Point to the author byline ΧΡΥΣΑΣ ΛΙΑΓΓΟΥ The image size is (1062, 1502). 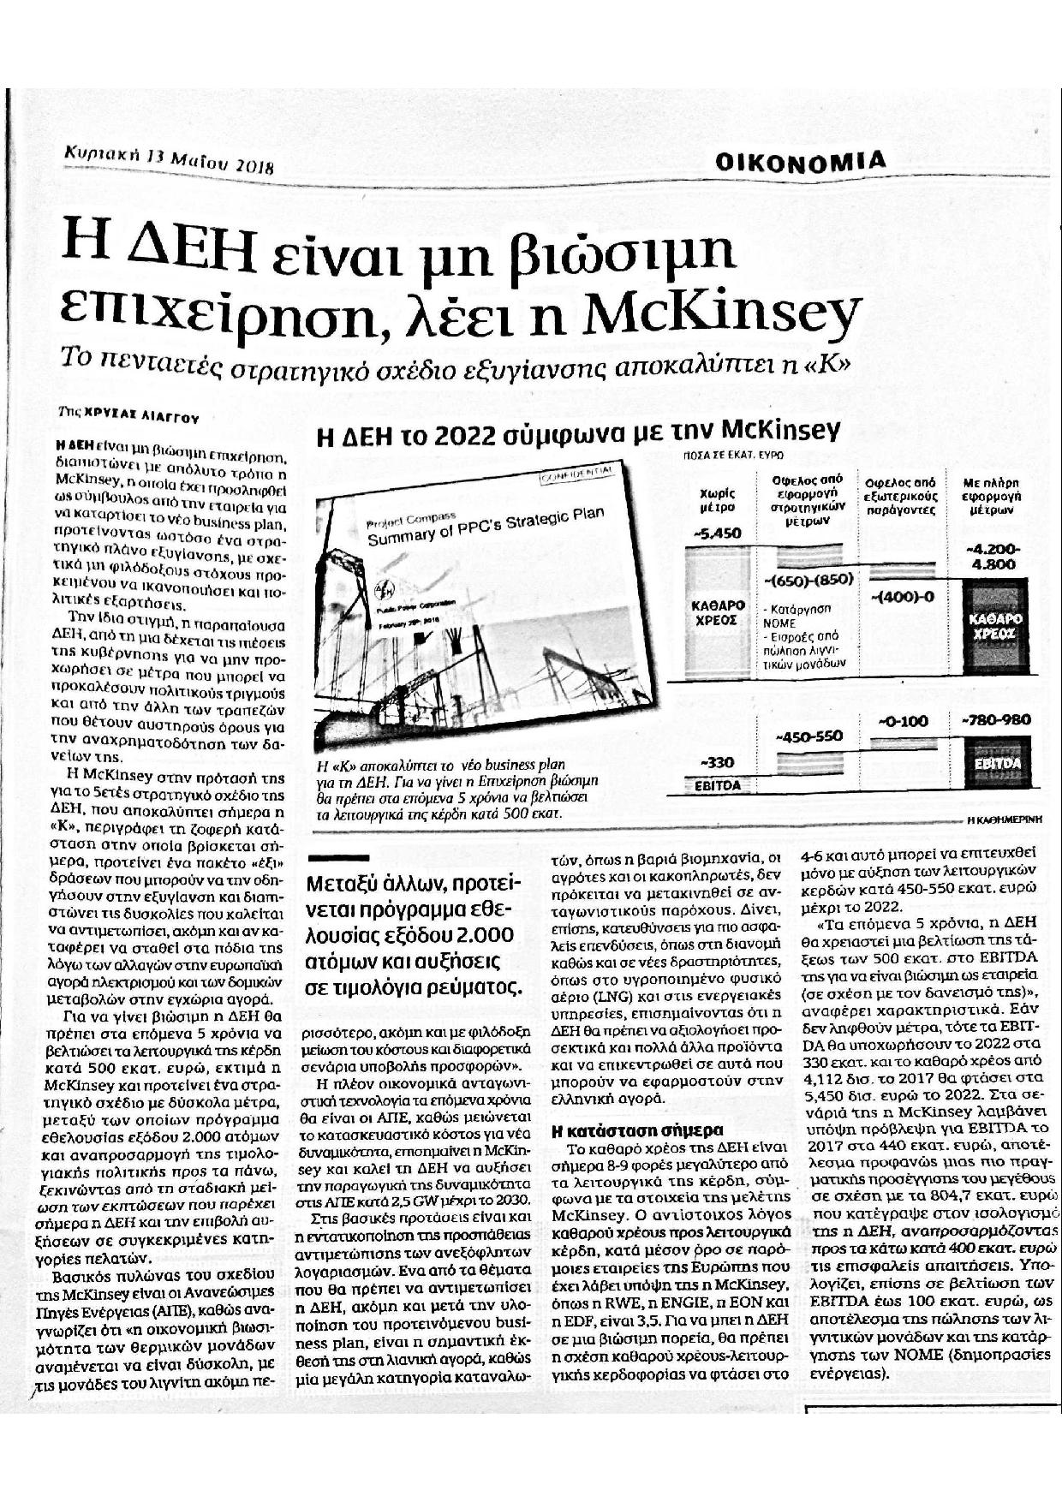[x=141, y=417]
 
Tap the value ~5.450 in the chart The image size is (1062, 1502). [x=718, y=533]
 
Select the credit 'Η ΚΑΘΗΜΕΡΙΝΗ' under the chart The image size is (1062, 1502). [x=1005, y=819]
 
